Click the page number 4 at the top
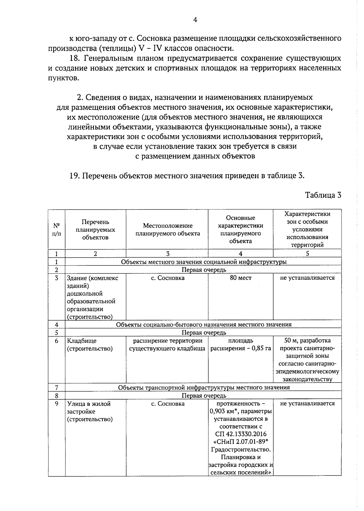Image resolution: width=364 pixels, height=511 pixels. (x=195, y=20)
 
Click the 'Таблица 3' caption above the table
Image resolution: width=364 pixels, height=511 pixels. (x=323, y=195)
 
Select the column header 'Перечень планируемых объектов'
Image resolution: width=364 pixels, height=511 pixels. (x=95, y=230)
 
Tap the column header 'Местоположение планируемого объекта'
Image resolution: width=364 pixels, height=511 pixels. (x=167, y=229)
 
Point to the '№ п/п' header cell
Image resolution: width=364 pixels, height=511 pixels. (x=56, y=230)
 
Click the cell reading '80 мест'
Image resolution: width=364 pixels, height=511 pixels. (x=241, y=278)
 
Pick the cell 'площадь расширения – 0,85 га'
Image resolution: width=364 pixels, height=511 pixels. (x=241, y=345)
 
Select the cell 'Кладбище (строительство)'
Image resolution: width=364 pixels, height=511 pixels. (x=89, y=345)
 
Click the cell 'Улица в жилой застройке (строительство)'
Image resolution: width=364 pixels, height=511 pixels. (x=89, y=412)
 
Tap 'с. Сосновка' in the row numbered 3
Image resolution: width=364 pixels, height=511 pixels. (x=167, y=278)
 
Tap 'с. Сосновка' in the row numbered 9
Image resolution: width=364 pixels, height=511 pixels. (x=167, y=404)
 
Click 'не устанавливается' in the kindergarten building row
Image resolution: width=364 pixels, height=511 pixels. (x=307, y=278)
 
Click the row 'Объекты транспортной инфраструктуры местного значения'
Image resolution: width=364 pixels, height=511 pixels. (x=204, y=387)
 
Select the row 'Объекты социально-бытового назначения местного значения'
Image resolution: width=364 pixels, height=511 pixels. (x=204, y=325)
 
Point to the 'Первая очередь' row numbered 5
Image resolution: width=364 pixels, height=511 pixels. (x=204, y=333)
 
